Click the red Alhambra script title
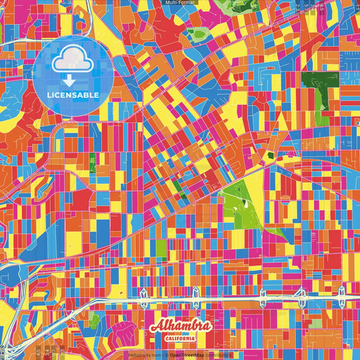pos(180,326)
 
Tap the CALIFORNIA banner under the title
pos(180,338)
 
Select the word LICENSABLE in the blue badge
pos(72,95)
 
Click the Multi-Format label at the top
pos(179,3)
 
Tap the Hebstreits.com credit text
pos(143,354)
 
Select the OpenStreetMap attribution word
pos(188,354)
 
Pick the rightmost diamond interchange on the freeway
pos(342,294)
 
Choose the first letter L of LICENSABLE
pos(50,95)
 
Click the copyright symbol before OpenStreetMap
pos(166,354)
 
